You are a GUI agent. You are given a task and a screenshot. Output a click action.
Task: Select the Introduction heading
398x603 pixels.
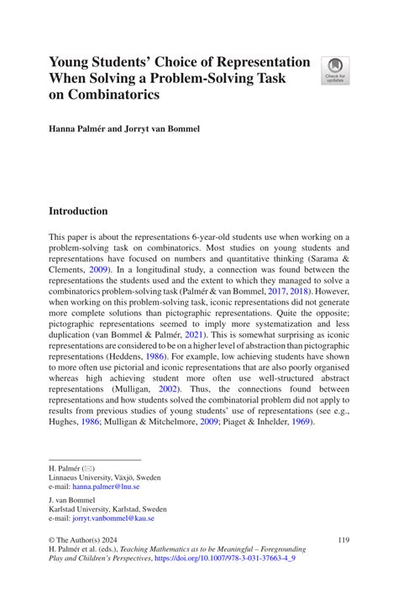pos(78,211)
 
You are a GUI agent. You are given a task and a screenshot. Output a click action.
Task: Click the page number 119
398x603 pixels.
pos(342,541)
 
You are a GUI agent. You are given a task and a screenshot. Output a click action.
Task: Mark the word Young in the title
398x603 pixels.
pos(68,63)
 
